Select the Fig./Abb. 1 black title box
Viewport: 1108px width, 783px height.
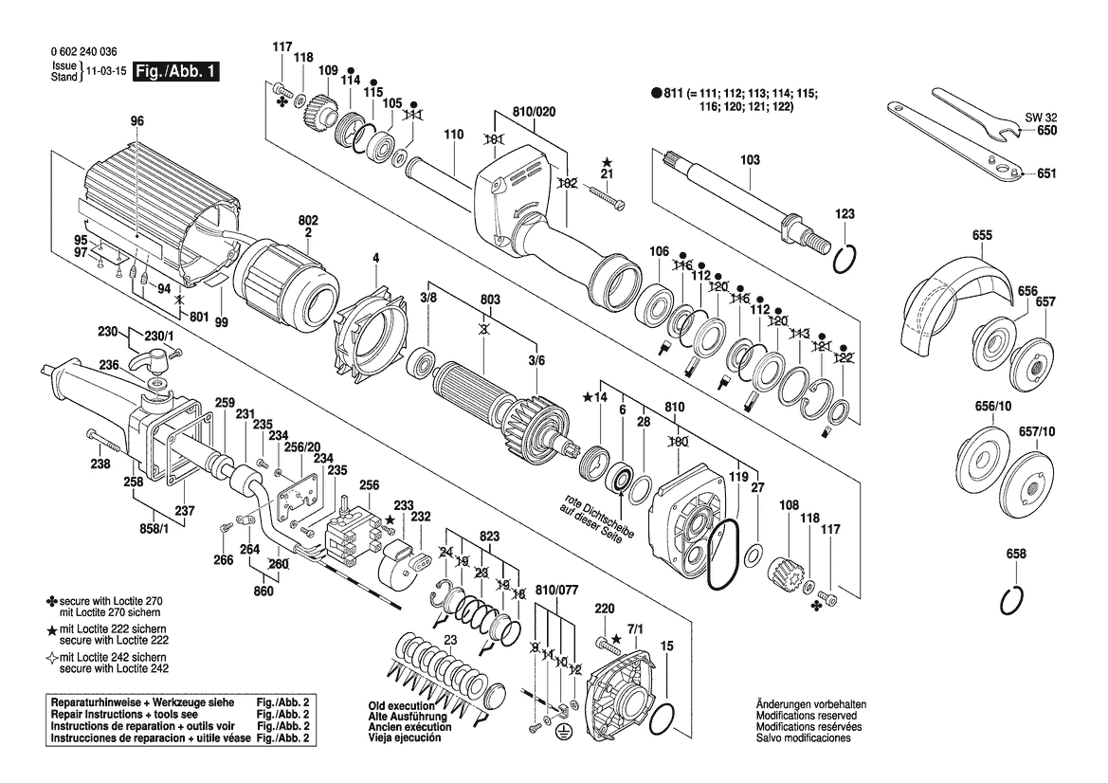[x=176, y=72]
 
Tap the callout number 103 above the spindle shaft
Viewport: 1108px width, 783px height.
[x=750, y=161]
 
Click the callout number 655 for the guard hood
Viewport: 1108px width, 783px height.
[x=981, y=234]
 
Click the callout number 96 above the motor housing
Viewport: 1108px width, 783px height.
[x=137, y=120]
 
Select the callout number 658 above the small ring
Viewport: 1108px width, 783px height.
[x=1016, y=554]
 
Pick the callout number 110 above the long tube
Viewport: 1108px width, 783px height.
[x=453, y=135]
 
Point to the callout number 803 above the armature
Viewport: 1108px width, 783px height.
[x=489, y=300]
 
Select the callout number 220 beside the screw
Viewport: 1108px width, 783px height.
[x=605, y=608]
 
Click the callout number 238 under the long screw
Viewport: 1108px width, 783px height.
[x=101, y=464]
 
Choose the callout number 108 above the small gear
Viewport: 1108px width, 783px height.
[x=789, y=504]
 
